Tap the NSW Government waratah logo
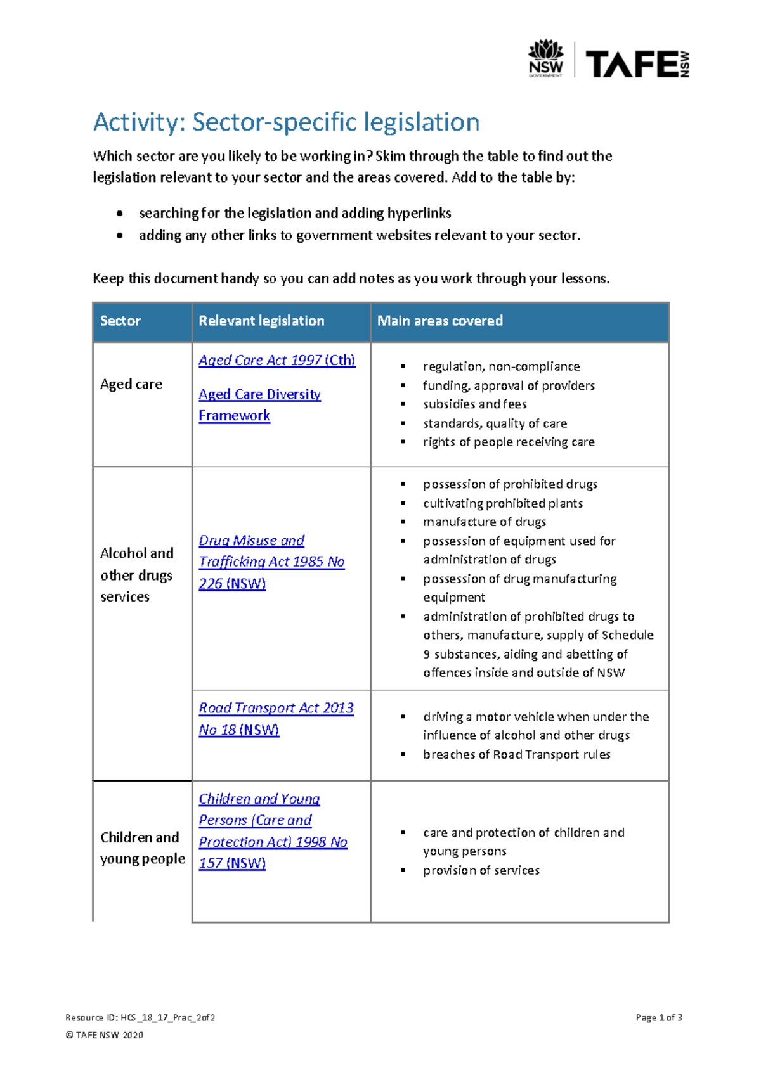[x=545, y=58]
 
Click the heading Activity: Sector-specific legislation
[x=286, y=122]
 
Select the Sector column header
[x=120, y=321]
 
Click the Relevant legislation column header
[x=261, y=321]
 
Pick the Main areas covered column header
[x=439, y=321]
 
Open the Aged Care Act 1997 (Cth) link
[x=276, y=360]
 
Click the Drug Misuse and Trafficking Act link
[x=271, y=562]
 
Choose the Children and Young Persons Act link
[x=272, y=830]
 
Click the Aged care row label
[x=131, y=384]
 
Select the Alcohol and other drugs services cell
[x=136, y=575]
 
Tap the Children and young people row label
[x=142, y=848]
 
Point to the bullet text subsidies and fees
[x=474, y=404]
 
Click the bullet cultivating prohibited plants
[x=502, y=503]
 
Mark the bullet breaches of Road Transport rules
[x=516, y=754]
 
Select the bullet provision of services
[x=481, y=870]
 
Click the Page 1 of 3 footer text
[x=658, y=1018]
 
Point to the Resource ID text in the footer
[x=140, y=1018]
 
